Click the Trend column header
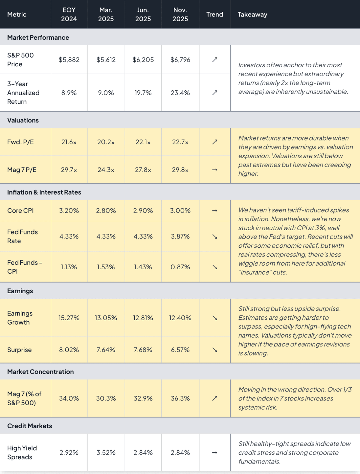point(214,14)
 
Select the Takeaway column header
point(252,14)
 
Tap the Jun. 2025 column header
point(143,14)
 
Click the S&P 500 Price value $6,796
point(180,60)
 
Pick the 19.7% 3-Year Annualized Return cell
point(143,93)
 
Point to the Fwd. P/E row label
point(20,142)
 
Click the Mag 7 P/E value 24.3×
point(106,170)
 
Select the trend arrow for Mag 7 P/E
point(214,170)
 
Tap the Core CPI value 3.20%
point(69,210)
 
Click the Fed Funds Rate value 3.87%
point(180,237)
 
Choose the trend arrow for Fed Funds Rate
point(214,237)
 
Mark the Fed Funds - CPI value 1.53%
point(106,267)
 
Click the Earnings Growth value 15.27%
point(69,318)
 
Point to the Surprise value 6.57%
point(180,350)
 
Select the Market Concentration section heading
point(40,372)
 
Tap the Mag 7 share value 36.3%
point(180,398)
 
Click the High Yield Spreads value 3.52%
point(106,453)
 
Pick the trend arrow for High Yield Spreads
point(214,453)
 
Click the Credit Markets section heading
point(30,426)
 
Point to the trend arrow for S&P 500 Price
point(214,60)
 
